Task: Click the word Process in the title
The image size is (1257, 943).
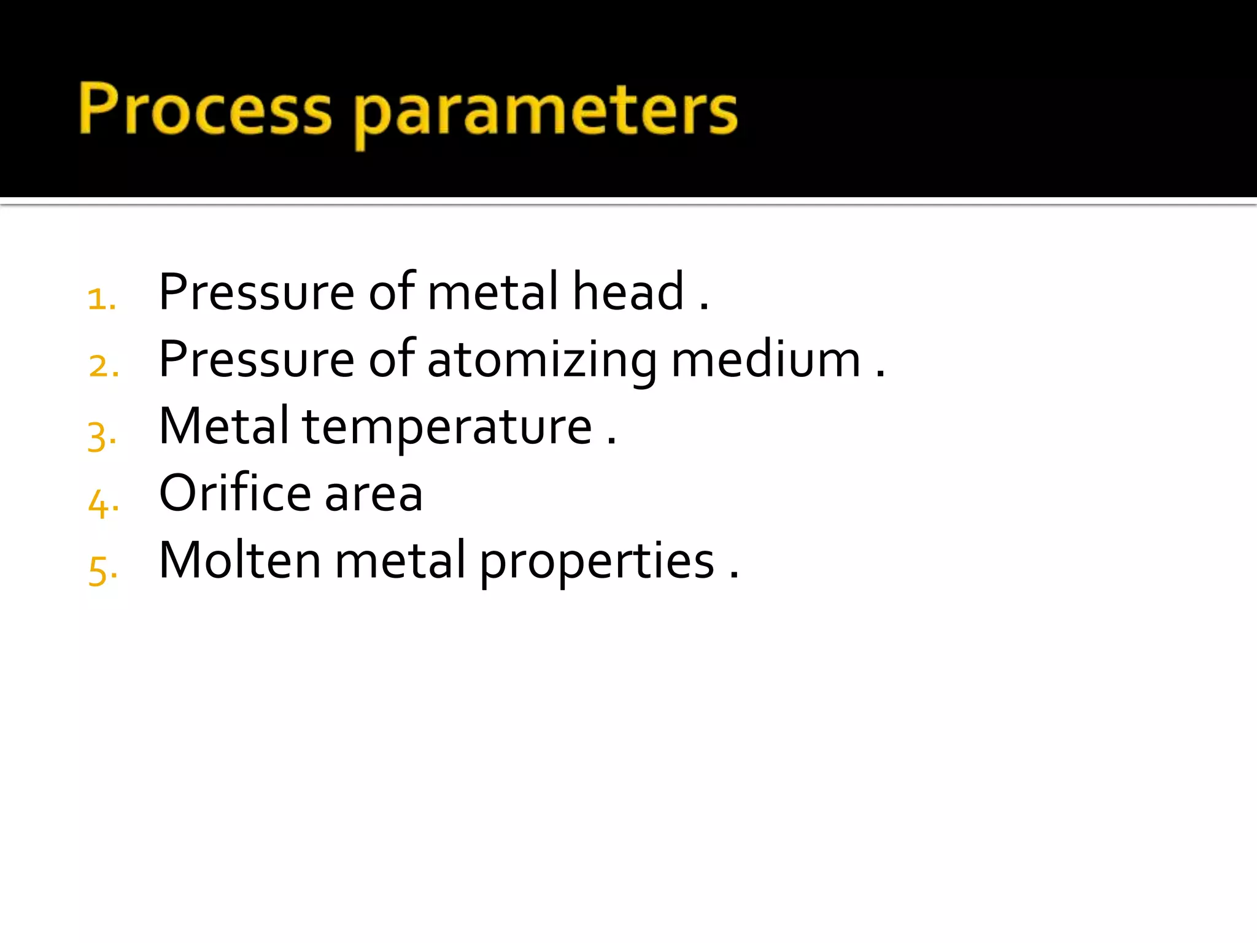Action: [x=205, y=109]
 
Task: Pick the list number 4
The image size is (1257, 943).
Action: [x=101, y=503]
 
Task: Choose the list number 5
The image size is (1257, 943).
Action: [x=101, y=570]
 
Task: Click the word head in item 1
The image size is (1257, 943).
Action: [x=627, y=291]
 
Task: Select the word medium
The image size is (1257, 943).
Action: [x=765, y=359]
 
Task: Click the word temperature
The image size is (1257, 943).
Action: [x=447, y=428]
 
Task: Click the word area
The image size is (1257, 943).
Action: [x=373, y=495]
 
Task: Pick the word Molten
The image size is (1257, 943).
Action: [x=239, y=560]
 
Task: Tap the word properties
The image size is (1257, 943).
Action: [x=597, y=562]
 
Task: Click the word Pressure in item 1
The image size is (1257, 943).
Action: [x=256, y=292]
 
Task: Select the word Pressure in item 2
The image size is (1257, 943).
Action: [x=256, y=360]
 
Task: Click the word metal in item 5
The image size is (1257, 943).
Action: [x=400, y=560]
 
